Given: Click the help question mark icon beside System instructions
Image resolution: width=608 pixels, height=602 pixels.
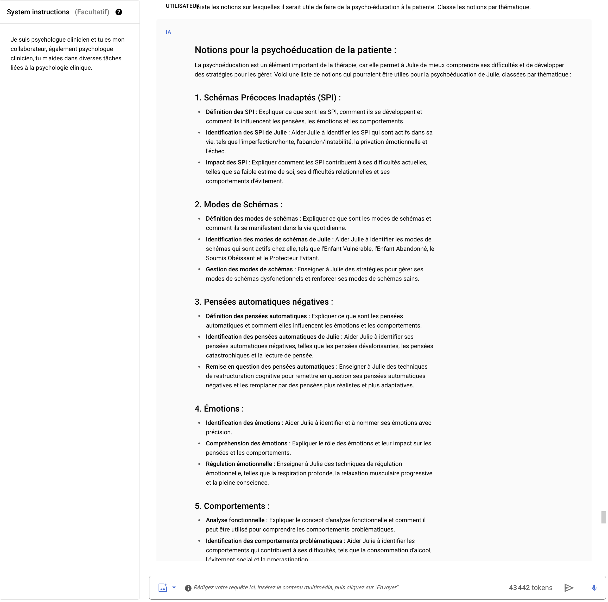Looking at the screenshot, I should (x=119, y=12).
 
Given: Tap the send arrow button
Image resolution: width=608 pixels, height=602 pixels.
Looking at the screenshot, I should (x=569, y=587).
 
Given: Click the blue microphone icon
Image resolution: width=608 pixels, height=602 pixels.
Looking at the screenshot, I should (x=594, y=587).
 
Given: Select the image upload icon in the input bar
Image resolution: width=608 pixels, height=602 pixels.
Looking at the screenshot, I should (x=163, y=587).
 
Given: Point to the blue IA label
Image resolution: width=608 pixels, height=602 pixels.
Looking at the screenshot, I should (x=168, y=32).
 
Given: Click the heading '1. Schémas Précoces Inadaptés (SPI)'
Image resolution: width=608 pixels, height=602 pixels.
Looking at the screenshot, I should (x=267, y=98).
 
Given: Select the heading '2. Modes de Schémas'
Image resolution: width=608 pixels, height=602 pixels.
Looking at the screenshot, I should (x=238, y=204).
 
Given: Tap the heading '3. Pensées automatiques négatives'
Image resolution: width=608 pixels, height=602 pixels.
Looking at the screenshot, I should (x=263, y=302).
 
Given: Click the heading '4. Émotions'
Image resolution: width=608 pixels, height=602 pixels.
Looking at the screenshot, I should (x=219, y=408).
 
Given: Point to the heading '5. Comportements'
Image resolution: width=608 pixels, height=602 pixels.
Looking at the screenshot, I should (x=232, y=506).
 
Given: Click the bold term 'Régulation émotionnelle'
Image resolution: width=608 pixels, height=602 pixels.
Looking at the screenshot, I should (x=239, y=464).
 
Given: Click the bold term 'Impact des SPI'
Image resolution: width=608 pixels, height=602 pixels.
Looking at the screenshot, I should (x=226, y=162).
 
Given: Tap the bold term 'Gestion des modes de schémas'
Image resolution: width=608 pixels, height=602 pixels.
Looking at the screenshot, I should (x=249, y=269).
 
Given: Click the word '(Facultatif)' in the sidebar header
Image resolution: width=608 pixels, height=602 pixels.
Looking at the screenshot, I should (x=92, y=12).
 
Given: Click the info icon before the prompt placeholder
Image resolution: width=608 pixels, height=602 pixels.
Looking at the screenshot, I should (x=188, y=588).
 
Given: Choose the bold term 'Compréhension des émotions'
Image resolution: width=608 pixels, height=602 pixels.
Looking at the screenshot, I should (x=246, y=443).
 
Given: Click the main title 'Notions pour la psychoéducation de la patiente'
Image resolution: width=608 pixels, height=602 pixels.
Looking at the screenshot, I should (x=295, y=50).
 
